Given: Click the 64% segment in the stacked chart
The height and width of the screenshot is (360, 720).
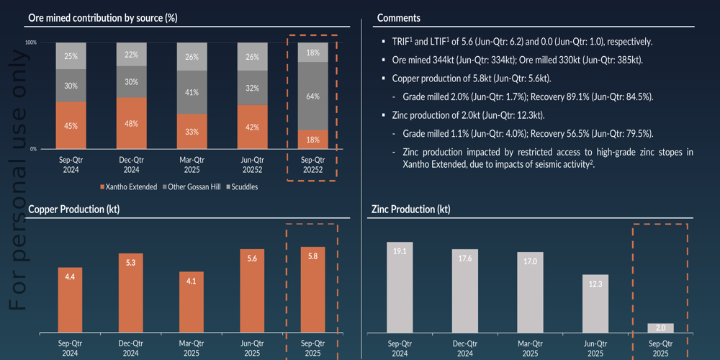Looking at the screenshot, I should click(312, 96).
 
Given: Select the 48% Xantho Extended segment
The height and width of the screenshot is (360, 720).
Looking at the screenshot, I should click(131, 123).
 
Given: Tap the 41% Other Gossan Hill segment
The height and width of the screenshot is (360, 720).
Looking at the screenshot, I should click(191, 92).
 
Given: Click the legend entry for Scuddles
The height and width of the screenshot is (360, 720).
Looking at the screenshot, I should click(244, 186).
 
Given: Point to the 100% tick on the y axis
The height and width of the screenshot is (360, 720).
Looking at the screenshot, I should click(31, 43).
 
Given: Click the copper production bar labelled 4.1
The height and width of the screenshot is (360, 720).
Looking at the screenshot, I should click(191, 302).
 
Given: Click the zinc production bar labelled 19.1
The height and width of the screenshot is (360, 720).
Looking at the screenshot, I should click(400, 287).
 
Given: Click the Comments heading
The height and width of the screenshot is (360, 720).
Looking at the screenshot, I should click(399, 17).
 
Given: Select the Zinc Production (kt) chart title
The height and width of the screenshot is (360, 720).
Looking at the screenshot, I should click(410, 210).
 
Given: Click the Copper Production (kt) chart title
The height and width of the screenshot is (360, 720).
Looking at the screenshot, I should click(73, 210).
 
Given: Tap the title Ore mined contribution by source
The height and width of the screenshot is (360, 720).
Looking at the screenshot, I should click(102, 17).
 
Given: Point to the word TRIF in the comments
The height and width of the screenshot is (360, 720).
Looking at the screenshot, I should click(400, 42).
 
